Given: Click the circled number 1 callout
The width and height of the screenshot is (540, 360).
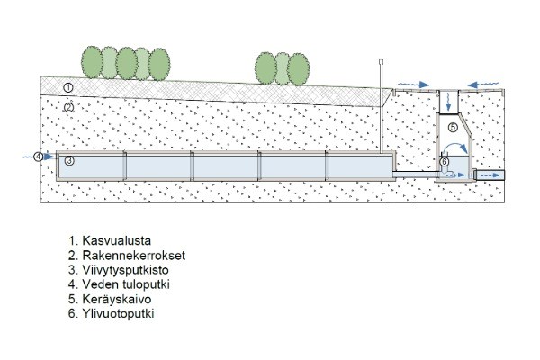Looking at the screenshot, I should coord(68,87).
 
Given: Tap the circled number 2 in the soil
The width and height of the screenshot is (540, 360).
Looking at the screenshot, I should coord(68,106).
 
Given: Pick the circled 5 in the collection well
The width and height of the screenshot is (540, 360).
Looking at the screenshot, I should coord(453,128).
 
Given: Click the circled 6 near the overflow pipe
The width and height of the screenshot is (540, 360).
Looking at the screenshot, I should coord(445,162).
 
